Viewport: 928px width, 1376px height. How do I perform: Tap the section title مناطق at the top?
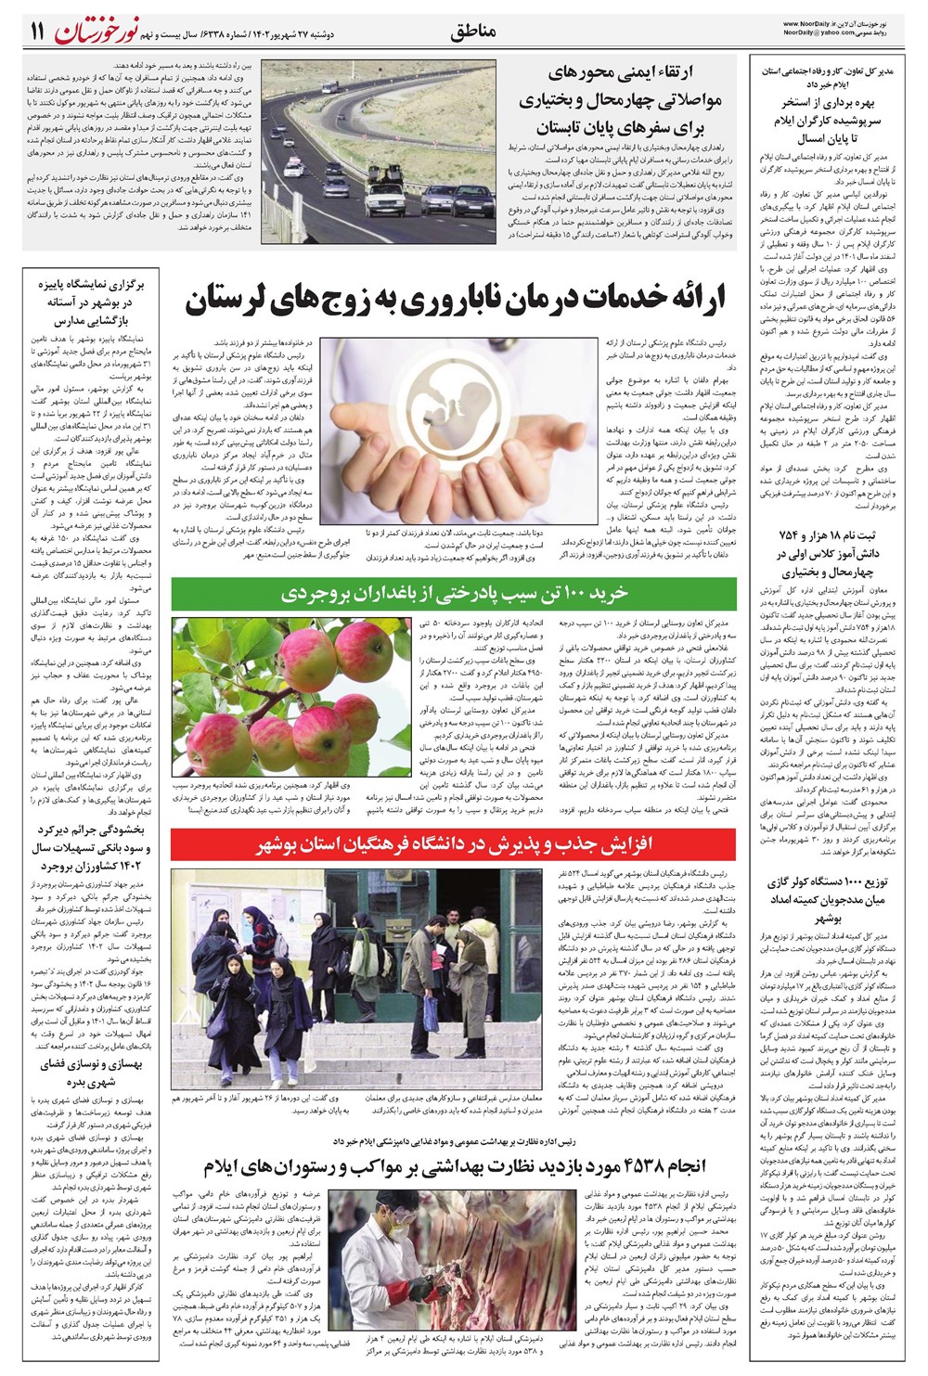(473, 32)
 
